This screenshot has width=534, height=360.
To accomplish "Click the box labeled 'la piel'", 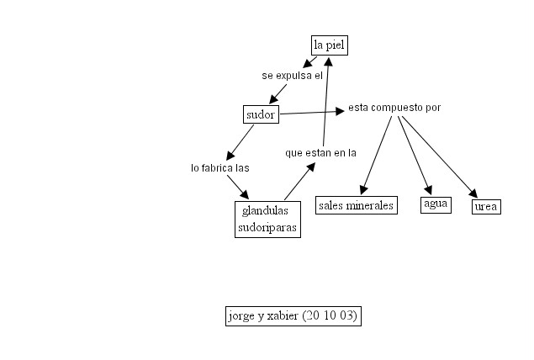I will (x=329, y=45).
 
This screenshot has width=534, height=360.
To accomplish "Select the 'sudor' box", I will (x=261, y=114).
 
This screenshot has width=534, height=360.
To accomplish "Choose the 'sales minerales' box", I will (x=357, y=205).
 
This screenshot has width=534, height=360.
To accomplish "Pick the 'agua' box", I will (x=436, y=204).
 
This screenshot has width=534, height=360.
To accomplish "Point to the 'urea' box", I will (x=486, y=206).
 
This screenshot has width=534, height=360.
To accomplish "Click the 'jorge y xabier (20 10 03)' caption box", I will (x=293, y=316).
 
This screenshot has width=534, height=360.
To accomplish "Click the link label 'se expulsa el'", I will (x=292, y=76).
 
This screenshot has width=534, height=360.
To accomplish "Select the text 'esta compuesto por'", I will (x=394, y=108).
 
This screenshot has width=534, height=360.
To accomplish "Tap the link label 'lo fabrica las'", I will (x=219, y=167).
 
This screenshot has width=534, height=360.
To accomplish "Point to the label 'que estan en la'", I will (x=320, y=153).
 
